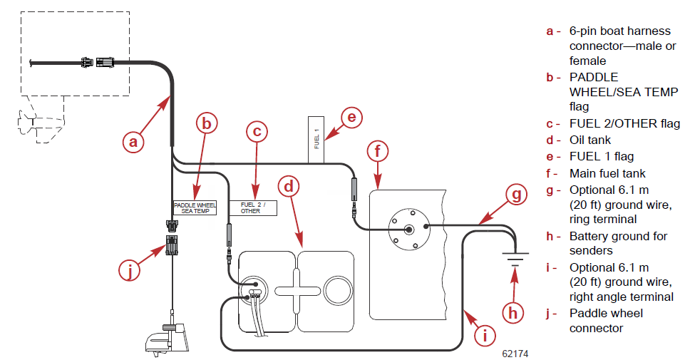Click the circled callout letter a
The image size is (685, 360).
pos(133,142)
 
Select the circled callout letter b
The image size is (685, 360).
pos(207,123)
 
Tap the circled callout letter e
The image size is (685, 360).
pos(351,117)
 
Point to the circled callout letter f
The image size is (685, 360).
pos(378,151)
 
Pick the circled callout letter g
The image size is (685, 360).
pos(516,194)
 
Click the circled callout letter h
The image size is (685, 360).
pos(513,313)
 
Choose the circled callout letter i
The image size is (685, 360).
pos(485,336)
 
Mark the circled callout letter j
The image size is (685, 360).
pos(130,270)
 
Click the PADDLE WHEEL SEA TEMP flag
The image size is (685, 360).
pos(195,208)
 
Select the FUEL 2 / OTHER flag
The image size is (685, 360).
pos(253,208)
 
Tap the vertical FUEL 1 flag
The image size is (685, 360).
pos(316,140)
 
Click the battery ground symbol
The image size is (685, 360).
pos(515,259)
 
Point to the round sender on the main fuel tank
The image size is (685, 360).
pos(409,230)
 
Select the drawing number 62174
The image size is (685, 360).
pos(515,354)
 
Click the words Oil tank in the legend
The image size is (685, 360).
pos(589,140)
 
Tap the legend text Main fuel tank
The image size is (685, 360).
pos(607,173)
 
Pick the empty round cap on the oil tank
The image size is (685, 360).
pos(338,290)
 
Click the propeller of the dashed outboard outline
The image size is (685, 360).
pos(26,121)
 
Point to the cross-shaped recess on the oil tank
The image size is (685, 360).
pos(297,291)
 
